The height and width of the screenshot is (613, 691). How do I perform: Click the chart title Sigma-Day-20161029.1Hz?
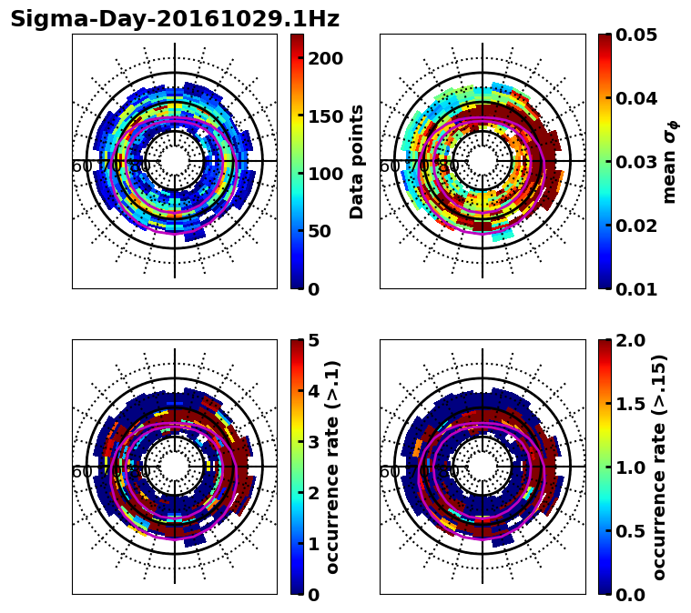click(x=175, y=19)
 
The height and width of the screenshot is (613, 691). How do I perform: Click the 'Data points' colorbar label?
click(x=357, y=161)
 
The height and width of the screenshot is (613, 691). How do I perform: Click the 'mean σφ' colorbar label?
click(x=670, y=161)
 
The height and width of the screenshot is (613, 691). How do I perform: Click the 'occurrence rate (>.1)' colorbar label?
click(x=333, y=467)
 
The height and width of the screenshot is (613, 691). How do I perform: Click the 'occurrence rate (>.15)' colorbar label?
click(x=660, y=467)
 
